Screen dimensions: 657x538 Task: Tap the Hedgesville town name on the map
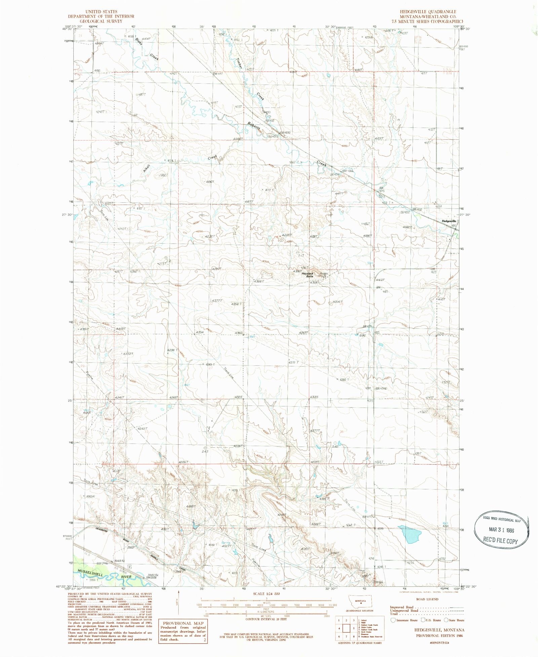click(x=449, y=221)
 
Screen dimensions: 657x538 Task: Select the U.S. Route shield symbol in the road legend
click(x=423, y=620)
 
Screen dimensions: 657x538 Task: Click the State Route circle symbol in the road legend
click(x=446, y=620)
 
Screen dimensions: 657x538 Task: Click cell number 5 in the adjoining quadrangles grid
click(x=354, y=628)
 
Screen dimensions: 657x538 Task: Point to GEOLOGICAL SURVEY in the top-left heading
click(x=101, y=21)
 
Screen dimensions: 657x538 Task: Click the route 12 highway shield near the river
click(x=129, y=567)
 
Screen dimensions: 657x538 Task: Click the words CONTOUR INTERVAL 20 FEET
click(x=266, y=619)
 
